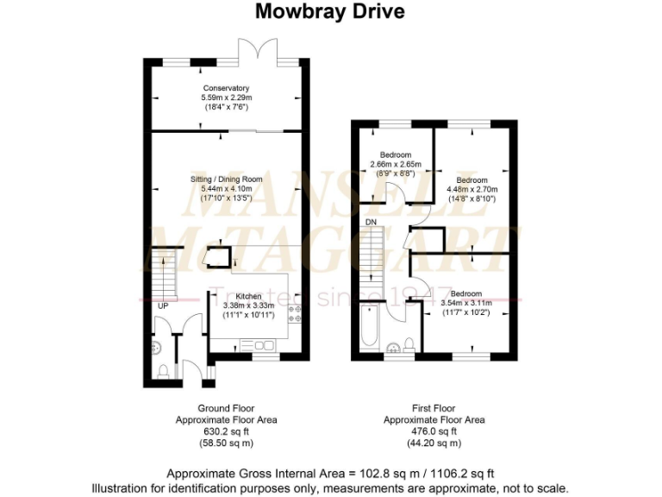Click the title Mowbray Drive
point(330,12)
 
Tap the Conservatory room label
point(226,88)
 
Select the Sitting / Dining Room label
point(226,179)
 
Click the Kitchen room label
point(248,296)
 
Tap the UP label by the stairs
point(161,305)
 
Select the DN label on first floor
point(370,222)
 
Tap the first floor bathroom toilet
point(409,346)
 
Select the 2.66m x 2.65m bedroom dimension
point(395,165)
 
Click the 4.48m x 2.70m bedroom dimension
point(472,190)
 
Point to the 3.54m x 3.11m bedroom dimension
point(466,303)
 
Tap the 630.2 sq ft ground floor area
point(226,431)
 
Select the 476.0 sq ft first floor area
point(434,431)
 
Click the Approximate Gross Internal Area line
point(330,473)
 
